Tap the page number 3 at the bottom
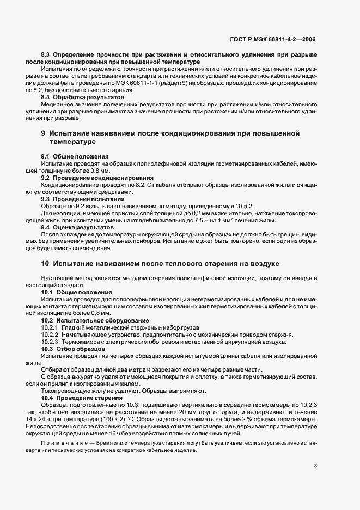pyautogui.click(x=315, y=466)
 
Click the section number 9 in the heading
pyautogui.click(x=43, y=133)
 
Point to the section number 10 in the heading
pyautogui.click(x=45, y=264)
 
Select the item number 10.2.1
pyautogui.click(x=50, y=327)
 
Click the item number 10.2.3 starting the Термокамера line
pyautogui.click(x=50, y=341)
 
